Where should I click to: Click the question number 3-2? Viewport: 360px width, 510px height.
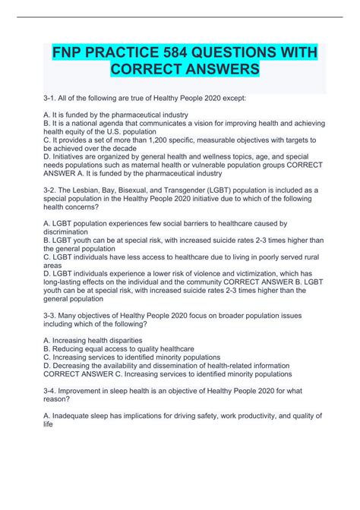(50, 206)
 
